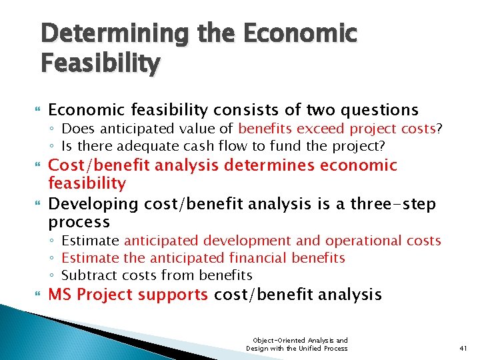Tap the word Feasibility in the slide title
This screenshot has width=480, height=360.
click(100, 63)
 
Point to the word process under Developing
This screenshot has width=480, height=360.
click(79, 222)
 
